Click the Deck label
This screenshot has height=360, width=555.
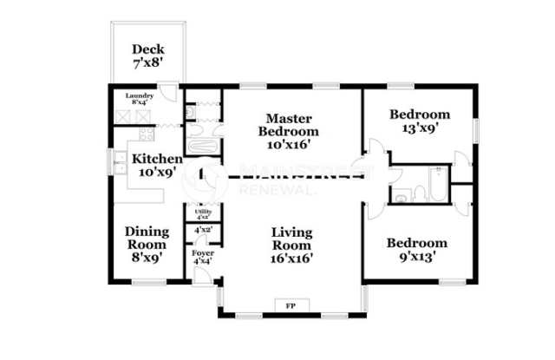pos(148,49)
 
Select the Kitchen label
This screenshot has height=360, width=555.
pos(156,159)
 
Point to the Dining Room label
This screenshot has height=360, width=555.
pos(147,238)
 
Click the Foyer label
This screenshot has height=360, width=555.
pos(202,256)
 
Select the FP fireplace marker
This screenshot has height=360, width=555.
pos(290,305)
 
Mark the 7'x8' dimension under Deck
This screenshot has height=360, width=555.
pos(148,64)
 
